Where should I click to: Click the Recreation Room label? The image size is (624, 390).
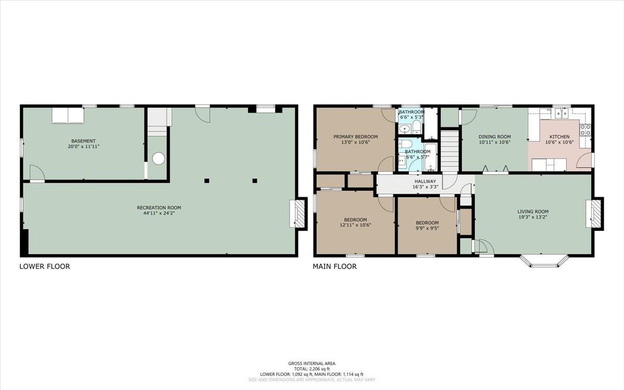(159, 207)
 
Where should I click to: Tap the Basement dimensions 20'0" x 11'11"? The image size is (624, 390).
(84, 147)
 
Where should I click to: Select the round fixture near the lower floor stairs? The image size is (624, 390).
(159, 159)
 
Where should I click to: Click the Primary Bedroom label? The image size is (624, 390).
(356, 137)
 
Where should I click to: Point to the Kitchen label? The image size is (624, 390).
(560, 137)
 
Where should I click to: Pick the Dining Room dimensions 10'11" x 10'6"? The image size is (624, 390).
(495, 142)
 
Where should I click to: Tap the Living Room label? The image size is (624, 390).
(533, 212)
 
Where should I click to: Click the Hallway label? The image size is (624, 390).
(425, 181)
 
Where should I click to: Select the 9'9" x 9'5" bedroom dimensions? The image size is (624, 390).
(427, 228)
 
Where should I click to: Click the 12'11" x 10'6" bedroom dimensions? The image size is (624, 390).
(356, 225)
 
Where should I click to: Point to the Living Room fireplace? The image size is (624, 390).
(594, 214)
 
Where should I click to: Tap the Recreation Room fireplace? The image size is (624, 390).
(298, 214)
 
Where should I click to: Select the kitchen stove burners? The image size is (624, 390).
(586, 130)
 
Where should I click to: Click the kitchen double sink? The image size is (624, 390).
(562, 114)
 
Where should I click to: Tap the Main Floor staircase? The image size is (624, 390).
(450, 151)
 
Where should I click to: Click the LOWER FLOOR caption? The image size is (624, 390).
(45, 266)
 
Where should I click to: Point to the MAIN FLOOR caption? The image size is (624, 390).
(334, 266)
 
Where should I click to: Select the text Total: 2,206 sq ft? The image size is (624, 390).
(311, 369)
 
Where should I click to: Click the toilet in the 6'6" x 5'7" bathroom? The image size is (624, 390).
(405, 144)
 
